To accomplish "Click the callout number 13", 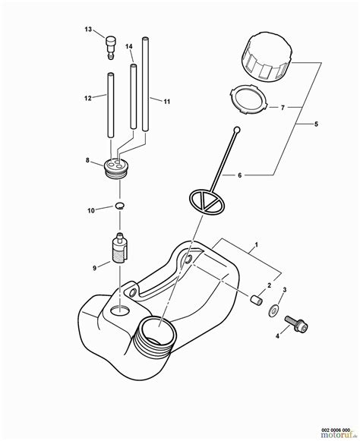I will click(87, 30).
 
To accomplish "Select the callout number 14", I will click(129, 48).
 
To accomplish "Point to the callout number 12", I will click(88, 97).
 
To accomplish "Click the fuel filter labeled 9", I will click(118, 249).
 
